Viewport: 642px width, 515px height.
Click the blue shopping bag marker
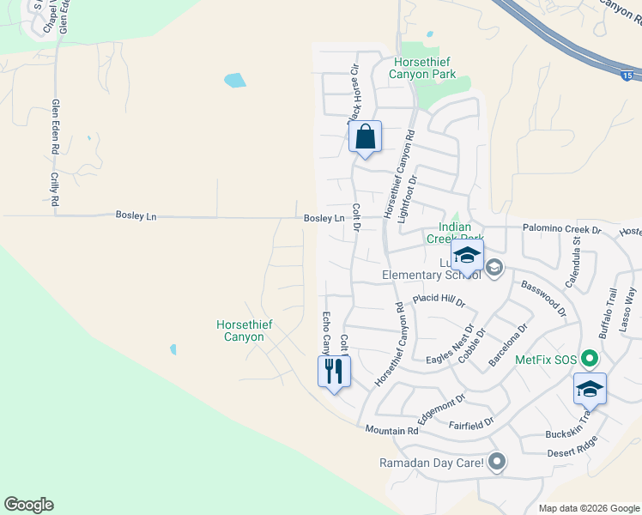point(365,137)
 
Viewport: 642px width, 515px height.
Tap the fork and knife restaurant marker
point(334,372)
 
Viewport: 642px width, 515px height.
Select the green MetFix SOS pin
point(589,359)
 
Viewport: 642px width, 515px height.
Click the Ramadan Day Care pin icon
point(496,463)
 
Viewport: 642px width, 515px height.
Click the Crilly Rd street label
point(54,189)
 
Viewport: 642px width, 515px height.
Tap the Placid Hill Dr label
point(438,300)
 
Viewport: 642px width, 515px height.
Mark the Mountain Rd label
point(391,429)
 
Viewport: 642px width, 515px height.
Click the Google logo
point(28,505)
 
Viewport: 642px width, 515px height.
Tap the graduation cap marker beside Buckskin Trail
point(590,390)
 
